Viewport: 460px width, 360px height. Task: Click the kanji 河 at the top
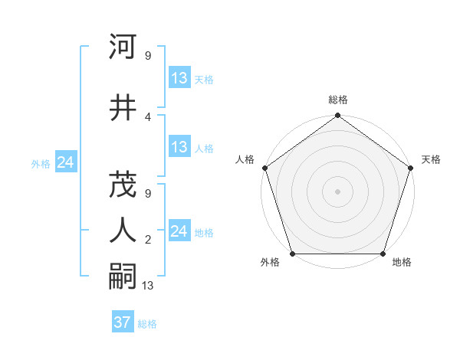click(x=123, y=47)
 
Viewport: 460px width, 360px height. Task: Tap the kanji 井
click(x=123, y=107)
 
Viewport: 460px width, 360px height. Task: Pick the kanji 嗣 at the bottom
click(x=123, y=275)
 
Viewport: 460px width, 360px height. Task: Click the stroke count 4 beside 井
click(x=147, y=117)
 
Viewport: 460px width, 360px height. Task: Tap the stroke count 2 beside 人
click(x=147, y=240)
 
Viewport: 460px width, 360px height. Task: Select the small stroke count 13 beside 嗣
click(x=149, y=286)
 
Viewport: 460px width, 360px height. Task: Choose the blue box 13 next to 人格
click(x=179, y=147)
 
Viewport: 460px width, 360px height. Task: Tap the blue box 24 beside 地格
click(x=179, y=231)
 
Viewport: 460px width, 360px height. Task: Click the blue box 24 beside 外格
click(x=65, y=162)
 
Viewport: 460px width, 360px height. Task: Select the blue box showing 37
click(x=122, y=322)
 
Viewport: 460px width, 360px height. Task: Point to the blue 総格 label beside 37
click(x=147, y=324)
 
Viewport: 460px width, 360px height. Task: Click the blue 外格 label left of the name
click(x=41, y=164)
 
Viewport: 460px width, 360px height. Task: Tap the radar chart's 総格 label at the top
click(x=338, y=100)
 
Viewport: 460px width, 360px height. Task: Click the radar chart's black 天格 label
click(x=431, y=159)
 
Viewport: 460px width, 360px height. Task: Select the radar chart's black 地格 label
click(x=402, y=263)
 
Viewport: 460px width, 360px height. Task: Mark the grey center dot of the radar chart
click(x=337, y=191)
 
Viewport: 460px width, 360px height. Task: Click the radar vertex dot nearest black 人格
click(x=264, y=168)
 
